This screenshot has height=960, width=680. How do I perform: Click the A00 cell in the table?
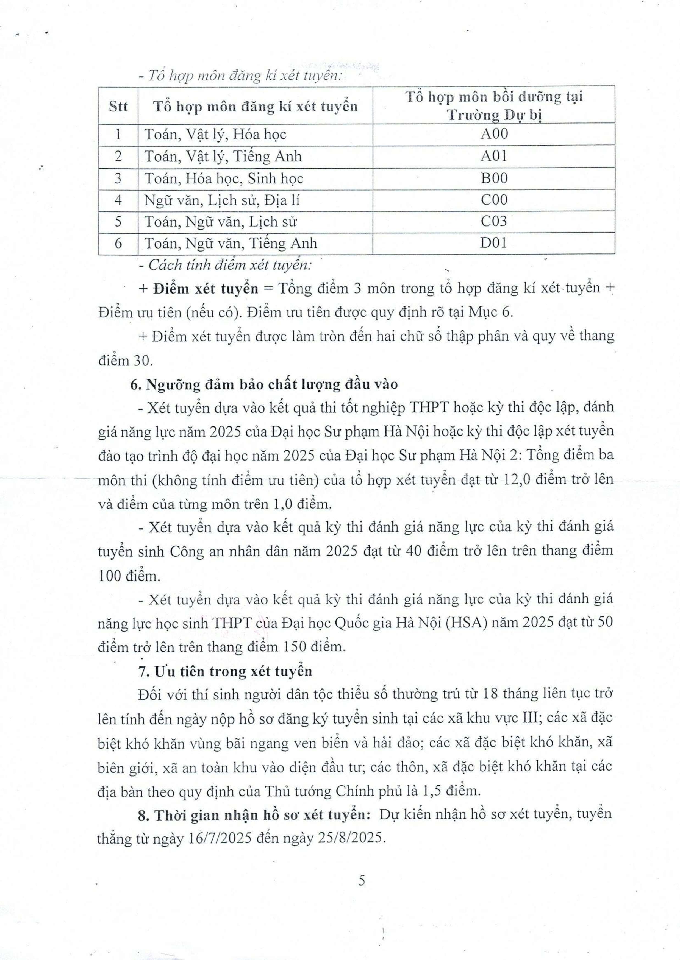tap(494, 134)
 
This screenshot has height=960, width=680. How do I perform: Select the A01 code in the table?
tap(494, 156)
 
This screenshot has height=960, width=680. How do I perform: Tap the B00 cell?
tap(494, 178)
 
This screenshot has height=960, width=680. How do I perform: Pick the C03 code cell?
tap(494, 221)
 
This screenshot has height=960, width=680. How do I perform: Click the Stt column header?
tap(118, 106)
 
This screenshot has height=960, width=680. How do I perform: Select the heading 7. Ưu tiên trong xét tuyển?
tap(225, 671)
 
